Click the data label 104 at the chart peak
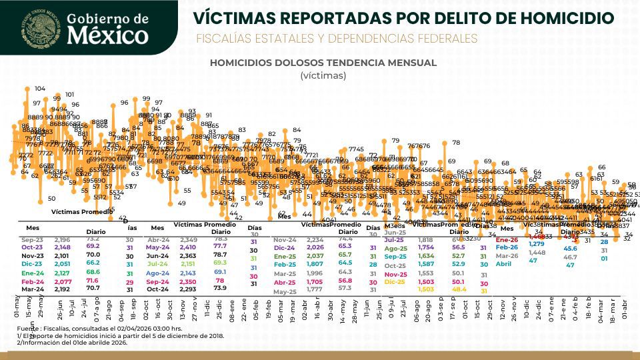(40, 89)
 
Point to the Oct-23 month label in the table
(32, 246)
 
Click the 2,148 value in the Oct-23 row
(62, 246)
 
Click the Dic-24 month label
(285, 247)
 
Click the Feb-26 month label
(507, 247)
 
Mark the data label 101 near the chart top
(69, 95)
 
